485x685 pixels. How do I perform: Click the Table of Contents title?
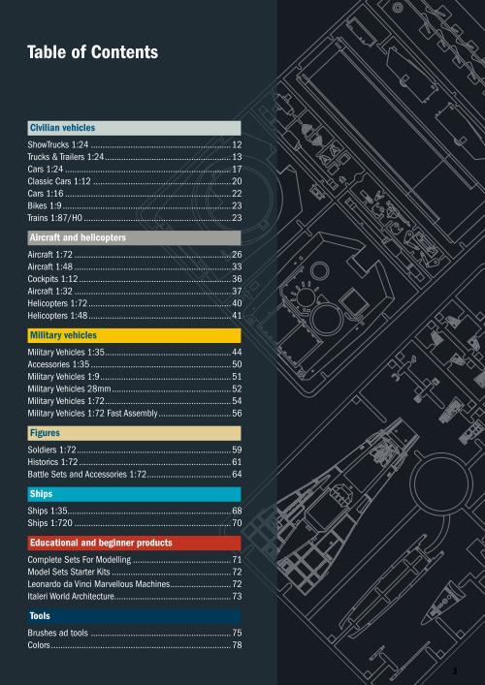(92, 52)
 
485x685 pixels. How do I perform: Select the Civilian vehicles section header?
(134, 128)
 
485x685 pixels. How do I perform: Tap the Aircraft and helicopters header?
(134, 237)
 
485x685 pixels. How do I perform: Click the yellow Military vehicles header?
(134, 335)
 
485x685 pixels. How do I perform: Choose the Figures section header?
(134, 433)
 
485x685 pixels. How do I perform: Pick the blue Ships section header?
(134, 494)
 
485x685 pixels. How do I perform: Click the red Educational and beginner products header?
(134, 543)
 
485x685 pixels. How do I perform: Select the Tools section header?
(134, 616)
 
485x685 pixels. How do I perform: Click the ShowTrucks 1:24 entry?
(58, 144)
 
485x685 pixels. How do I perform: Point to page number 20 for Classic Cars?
(237, 181)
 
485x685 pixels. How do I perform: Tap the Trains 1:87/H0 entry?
(54, 218)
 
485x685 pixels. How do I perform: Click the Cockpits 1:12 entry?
(52, 279)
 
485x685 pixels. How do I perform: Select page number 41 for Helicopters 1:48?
(237, 316)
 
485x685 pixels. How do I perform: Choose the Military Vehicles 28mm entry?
(69, 389)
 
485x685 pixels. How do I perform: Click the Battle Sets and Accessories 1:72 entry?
(86, 475)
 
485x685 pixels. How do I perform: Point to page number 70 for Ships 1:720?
(237, 523)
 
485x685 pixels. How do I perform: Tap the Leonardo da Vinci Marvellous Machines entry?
(98, 584)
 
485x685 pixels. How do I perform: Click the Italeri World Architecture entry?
(71, 596)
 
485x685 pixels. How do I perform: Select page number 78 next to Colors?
(237, 645)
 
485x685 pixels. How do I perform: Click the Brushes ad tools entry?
(58, 633)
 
